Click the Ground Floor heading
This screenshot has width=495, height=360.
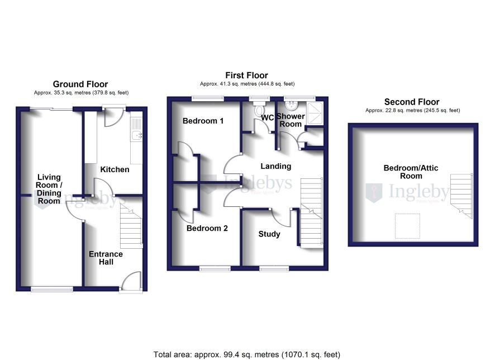pyautogui.click(x=80, y=84)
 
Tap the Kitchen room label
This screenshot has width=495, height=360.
pyautogui.click(x=115, y=169)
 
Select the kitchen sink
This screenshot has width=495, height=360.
pyautogui.click(x=137, y=135)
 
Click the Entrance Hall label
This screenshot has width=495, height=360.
pyautogui.click(x=106, y=258)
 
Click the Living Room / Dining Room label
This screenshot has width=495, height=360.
pyautogui.click(x=49, y=189)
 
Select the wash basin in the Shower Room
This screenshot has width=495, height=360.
pyautogui.click(x=291, y=106)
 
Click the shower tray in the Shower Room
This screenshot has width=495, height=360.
pyautogui.click(x=315, y=113)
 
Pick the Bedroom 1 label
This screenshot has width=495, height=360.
pyautogui.click(x=203, y=121)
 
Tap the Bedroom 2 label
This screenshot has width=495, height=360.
pyautogui.click(x=207, y=228)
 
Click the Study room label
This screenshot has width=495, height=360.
pyautogui.click(x=269, y=234)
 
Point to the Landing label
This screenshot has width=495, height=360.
pyautogui.click(x=275, y=166)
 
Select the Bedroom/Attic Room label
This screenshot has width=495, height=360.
pyautogui.click(x=411, y=172)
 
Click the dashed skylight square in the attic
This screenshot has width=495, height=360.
pyautogui.click(x=407, y=226)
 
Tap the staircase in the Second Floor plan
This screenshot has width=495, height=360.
pyautogui.click(x=461, y=196)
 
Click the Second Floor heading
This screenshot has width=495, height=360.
pyautogui.click(x=412, y=102)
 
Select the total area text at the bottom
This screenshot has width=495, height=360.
pyautogui.click(x=247, y=354)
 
